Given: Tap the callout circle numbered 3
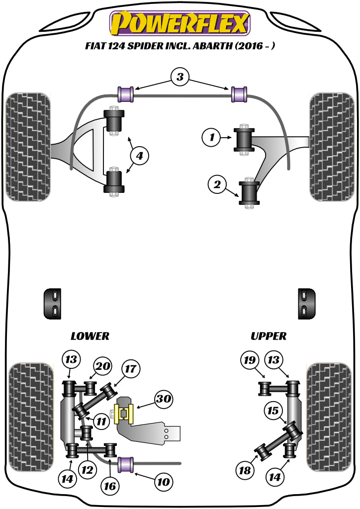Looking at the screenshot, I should (x=180, y=77).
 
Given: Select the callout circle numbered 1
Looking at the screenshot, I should (x=212, y=137).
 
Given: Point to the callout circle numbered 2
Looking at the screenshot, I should (x=217, y=185).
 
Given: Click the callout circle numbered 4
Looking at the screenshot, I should (x=139, y=156).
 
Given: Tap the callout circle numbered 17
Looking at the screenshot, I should (x=131, y=369).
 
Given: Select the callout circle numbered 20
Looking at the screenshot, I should (x=102, y=366).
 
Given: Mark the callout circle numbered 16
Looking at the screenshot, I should (x=110, y=486).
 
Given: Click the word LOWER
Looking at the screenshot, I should (x=90, y=336).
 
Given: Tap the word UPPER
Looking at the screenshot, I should (x=269, y=336).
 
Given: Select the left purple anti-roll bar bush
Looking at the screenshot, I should (x=126, y=94).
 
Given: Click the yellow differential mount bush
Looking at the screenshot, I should (x=124, y=414).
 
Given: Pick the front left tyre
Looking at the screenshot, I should (x=28, y=147).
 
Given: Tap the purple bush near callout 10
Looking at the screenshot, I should (x=128, y=465).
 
